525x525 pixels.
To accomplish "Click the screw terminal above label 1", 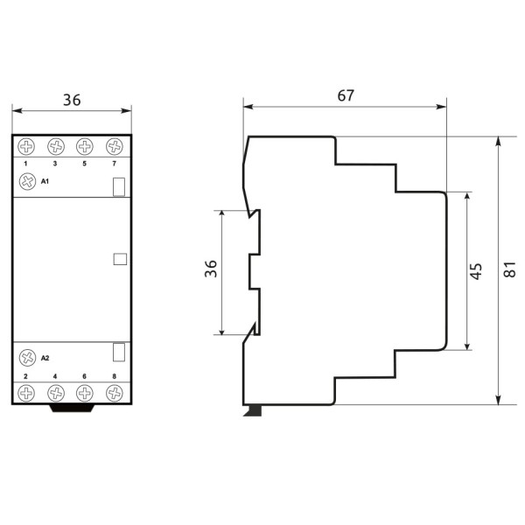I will (x=26, y=147).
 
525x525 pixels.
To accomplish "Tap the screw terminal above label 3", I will (x=55, y=147).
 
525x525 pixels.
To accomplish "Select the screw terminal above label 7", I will (x=114, y=147).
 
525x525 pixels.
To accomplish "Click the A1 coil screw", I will (x=26, y=181).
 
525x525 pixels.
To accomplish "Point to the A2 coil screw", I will (x=26, y=357).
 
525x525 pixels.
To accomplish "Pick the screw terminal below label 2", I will (x=26, y=393).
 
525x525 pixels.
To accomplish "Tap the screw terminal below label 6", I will (x=85, y=393).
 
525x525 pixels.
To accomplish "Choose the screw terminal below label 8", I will (x=114, y=393).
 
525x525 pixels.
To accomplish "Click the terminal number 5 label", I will (x=85, y=164).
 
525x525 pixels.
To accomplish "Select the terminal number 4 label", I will (x=55, y=376).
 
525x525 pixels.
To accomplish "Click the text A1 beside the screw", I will (x=45, y=181).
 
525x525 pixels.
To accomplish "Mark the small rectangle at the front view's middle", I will (x=120, y=258).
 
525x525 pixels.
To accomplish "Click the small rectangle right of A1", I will (x=119, y=185).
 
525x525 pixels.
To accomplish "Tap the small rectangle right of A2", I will (x=119, y=352).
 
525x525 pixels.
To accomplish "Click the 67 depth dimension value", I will (x=346, y=95).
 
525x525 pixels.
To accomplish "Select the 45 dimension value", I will (x=476, y=270).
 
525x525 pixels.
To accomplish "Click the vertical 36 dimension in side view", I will (x=210, y=270).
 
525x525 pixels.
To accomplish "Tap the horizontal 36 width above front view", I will (x=72, y=100).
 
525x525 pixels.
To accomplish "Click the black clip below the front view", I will (x=72, y=407).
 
